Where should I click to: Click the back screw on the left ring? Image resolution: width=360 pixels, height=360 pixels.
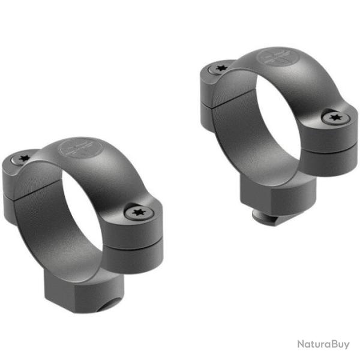tap(23, 159)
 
